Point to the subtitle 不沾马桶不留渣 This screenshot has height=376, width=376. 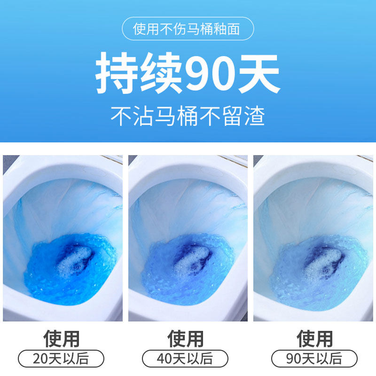click(188, 115)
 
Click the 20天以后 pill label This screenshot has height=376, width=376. click(61, 359)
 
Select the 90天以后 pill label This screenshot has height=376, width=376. click(314, 359)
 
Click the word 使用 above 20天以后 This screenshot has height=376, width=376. click(61, 338)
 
